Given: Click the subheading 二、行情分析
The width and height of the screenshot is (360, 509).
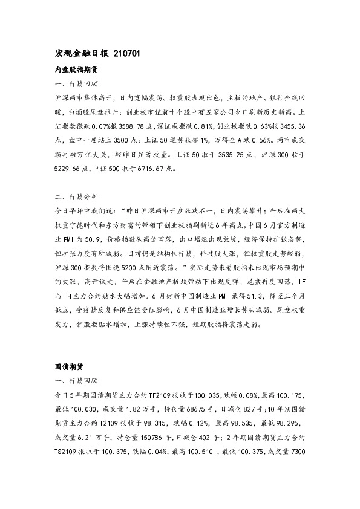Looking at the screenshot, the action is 76,198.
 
